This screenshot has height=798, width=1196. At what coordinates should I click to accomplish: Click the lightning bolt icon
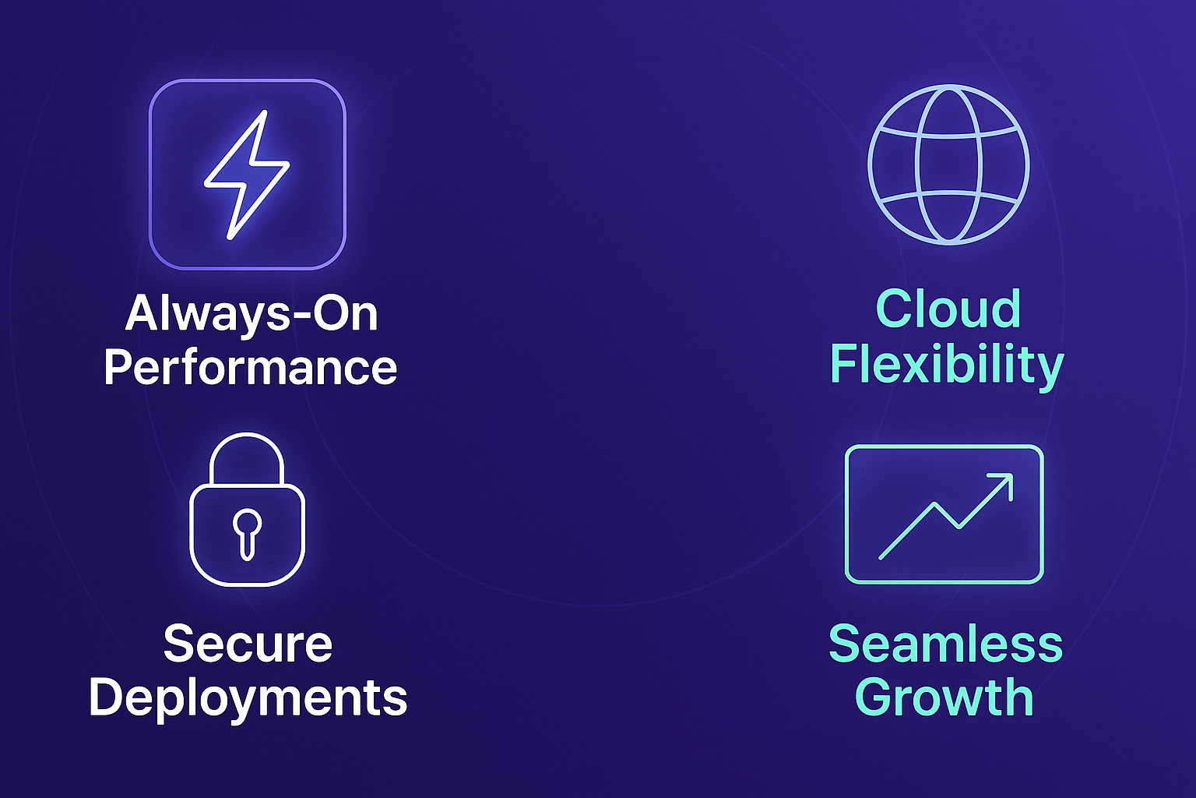tap(247, 175)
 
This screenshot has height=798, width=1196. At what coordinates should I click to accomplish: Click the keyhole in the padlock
tap(247, 535)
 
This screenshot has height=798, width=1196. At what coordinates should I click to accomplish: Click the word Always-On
tap(252, 313)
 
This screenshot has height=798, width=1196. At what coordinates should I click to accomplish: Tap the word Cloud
tap(948, 309)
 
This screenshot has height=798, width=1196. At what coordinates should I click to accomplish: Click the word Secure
tap(248, 644)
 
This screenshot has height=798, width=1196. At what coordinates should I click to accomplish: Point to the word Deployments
tap(248, 699)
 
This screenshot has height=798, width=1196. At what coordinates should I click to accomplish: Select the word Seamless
tap(945, 644)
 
